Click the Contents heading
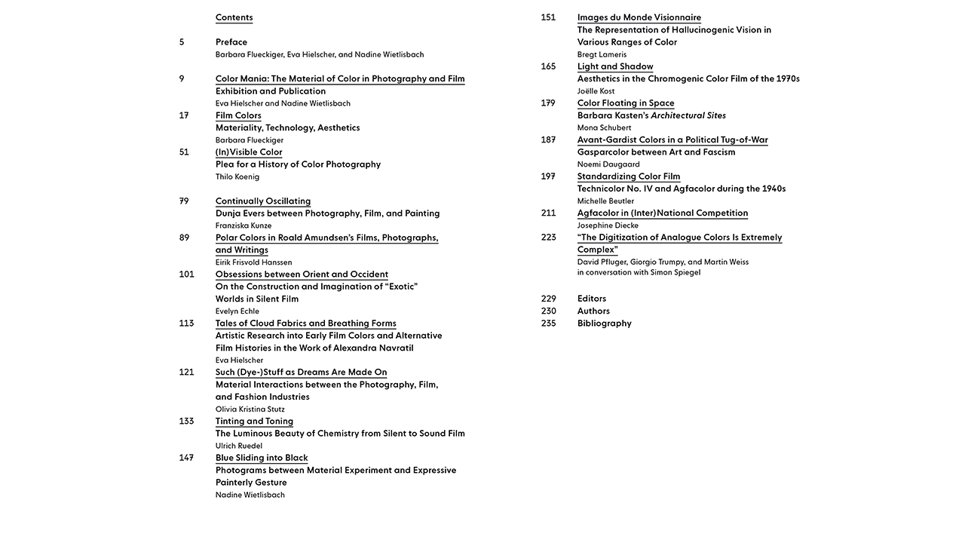pyautogui.click(x=234, y=17)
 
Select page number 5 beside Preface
pyautogui.click(x=182, y=42)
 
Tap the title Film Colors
pyautogui.click(x=238, y=115)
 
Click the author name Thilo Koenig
pyautogui.click(x=237, y=176)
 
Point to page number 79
pyautogui.click(x=184, y=201)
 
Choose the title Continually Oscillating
pyautogui.click(x=262, y=201)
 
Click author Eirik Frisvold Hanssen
pyautogui.click(x=253, y=262)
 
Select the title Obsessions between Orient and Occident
pyautogui.click(x=302, y=275)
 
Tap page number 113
pyautogui.click(x=186, y=324)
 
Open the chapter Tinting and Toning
pyautogui.click(x=254, y=422)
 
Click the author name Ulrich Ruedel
pyautogui.click(x=238, y=446)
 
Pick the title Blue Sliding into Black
pyautogui.click(x=262, y=458)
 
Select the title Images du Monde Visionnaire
pyautogui.click(x=639, y=17)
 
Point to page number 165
pyautogui.click(x=548, y=66)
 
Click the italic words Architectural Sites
pyautogui.click(x=688, y=115)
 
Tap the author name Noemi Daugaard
pyautogui.click(x=608, y=164)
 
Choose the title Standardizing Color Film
pyautogui.click(x=628, y=176)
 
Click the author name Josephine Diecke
pyautogui.click(x=608, y=225)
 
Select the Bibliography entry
pyautogui.click(x=604, y=324)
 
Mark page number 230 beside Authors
pyautogui.click(x=548, y=311)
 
